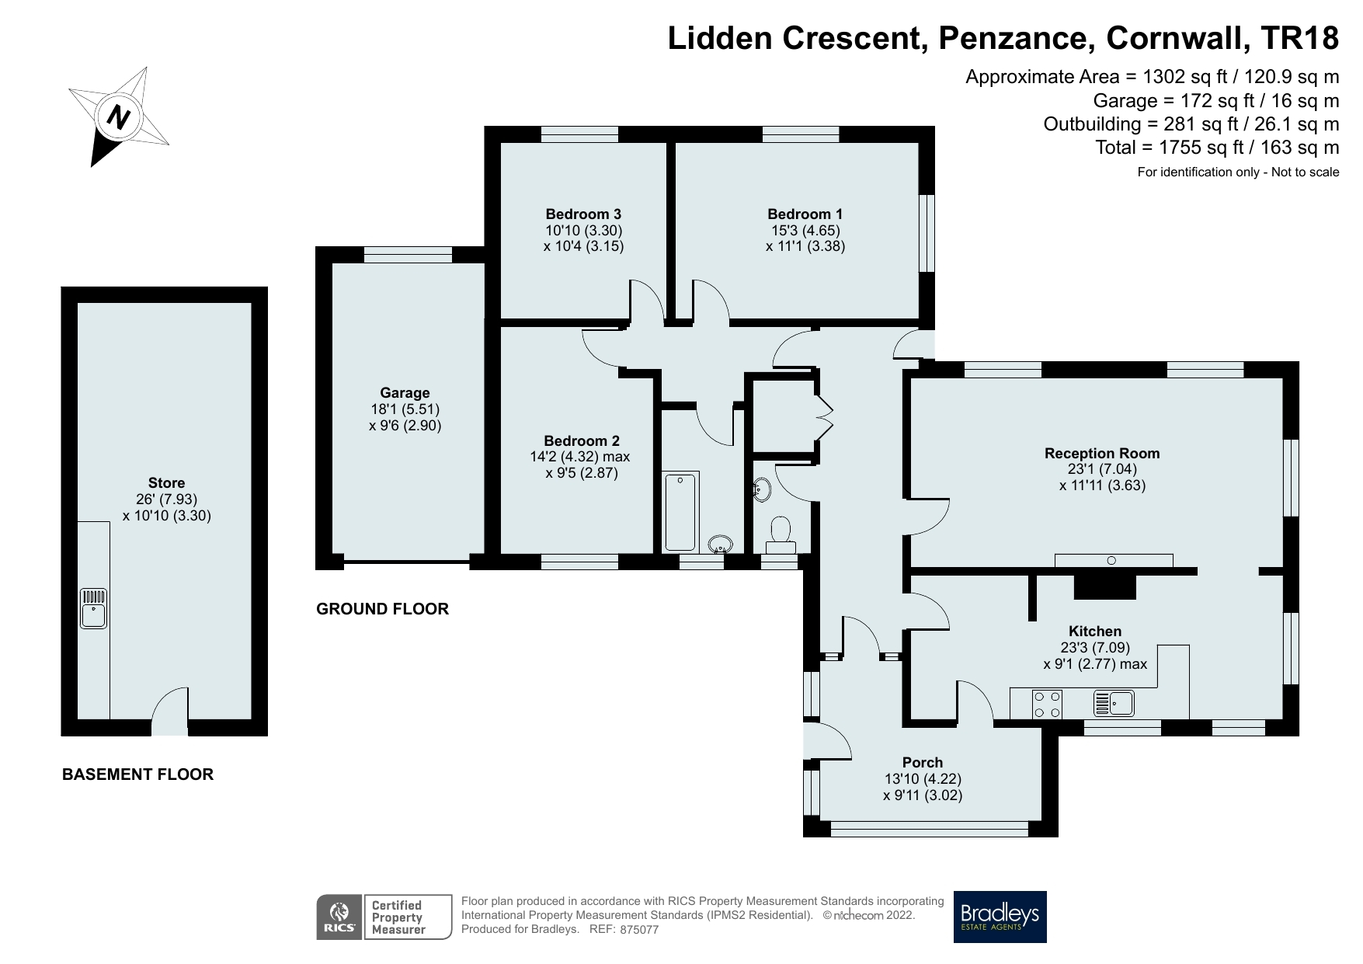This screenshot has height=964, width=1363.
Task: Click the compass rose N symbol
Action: [x=118, y=117]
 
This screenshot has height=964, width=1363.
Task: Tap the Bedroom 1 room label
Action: [x=805, y=214]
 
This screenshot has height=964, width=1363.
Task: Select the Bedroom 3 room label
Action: [x=583, y=214]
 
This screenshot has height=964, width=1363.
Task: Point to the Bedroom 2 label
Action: [x=582, y=441]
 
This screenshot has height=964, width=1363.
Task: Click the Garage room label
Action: [x=405, y=393]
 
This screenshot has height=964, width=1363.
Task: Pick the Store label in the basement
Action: [x=166, y=483]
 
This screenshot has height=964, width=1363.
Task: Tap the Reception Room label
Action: [x=1102, y=454]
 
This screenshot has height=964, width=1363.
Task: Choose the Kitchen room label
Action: [x=1095, y=632]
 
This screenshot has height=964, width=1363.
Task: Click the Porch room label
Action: [x=923, y=763]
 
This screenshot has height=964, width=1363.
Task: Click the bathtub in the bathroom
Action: [x=681, y=511]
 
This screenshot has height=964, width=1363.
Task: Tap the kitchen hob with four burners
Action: [x=1047, y=704]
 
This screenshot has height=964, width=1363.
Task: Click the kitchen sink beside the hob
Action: [x=1114, y=704]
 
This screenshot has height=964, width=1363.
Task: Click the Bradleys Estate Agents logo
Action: [x=1000, y=917]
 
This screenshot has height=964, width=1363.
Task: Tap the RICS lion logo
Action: [x=339, y=917]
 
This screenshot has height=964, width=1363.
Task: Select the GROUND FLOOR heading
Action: [x=383, y=609]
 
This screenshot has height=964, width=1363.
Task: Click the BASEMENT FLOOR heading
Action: [x=137, y=774]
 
